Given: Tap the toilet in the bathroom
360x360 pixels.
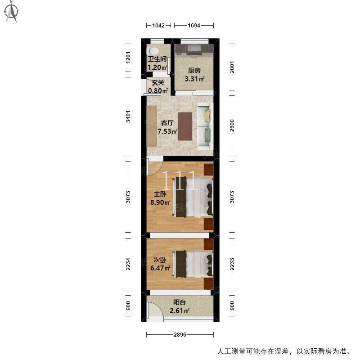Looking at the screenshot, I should [x=153, y=51].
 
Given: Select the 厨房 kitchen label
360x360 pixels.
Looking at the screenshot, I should [x=194, y=71].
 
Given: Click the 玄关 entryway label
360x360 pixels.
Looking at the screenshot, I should [x=157, y=83].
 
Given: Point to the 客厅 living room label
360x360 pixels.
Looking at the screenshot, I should [x=167, y=123].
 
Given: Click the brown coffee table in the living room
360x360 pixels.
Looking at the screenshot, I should [x=185, y=126].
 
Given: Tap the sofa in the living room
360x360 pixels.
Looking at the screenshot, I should [x=205, y=125].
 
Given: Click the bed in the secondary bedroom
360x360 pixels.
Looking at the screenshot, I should [x=192, y=264].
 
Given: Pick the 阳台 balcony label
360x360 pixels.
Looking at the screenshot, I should [x=180, y=303].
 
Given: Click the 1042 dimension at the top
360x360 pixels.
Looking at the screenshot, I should [x=158, y=25].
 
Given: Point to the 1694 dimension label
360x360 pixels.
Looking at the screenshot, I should [x=194, y=25].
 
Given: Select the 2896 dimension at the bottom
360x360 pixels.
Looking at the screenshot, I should [x=180, y=335].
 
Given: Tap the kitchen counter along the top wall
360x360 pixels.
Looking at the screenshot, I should [x=194, y=48].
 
